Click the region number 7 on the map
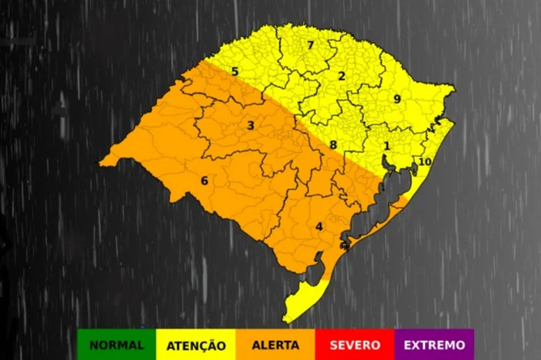(x=310, y=46)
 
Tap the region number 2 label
(x=341, y=76)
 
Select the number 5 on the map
(x=234, y=72)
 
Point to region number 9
(x=396, y=99)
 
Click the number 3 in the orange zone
(x=250, y=125)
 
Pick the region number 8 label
(x=333, y=144)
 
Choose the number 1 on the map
(x=387, y=145)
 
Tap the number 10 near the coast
(x=424, y=161)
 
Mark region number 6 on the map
(x=205, y=181)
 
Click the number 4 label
(x=318, y=226)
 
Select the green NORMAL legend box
(x=116, y=345)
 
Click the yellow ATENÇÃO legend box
(x=196, y=345)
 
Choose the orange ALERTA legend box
(x=275, y=345)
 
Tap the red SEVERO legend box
(x=355, y=345)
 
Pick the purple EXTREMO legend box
(x=434, y=345)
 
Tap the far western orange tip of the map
(x=104, y=162)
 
